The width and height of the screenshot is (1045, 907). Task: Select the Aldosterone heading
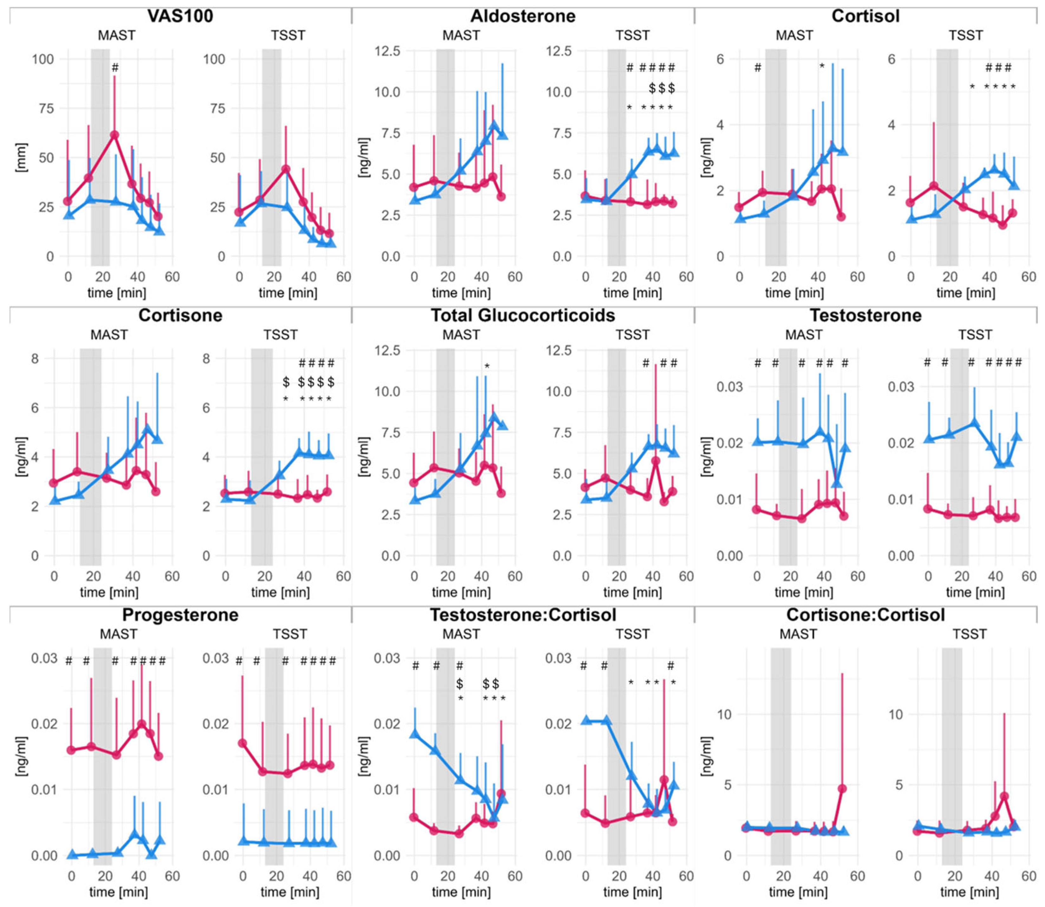pos(523,16)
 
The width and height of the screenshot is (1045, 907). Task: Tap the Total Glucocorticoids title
pos(523,315)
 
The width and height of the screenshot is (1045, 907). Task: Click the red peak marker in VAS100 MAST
pos(114,135)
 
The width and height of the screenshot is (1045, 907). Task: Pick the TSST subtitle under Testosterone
pos(975,335)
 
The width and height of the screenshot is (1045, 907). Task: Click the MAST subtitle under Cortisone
pos(109,335)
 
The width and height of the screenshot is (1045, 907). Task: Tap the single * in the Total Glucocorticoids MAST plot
pos(487,366)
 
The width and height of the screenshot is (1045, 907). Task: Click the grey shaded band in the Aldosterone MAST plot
pos(445,152)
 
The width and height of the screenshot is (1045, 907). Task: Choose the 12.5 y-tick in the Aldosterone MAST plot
pos(387,51)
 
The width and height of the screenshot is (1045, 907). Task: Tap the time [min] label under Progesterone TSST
pos(290,892)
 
